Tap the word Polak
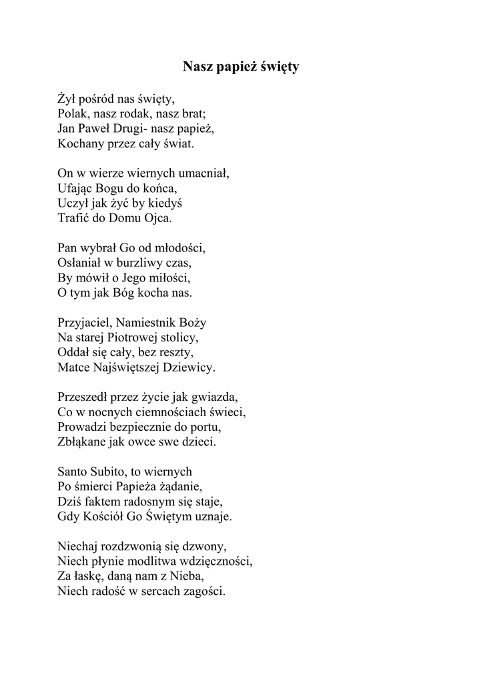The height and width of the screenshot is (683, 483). tap(71, 114)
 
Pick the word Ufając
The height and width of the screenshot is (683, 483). tap(75, 189)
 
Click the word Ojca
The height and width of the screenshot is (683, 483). tap(158, 218)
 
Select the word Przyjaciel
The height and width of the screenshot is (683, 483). tap(83, 323)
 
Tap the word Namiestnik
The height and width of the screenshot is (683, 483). tap(147, 323)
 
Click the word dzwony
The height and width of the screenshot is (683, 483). tap(210, 546)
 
